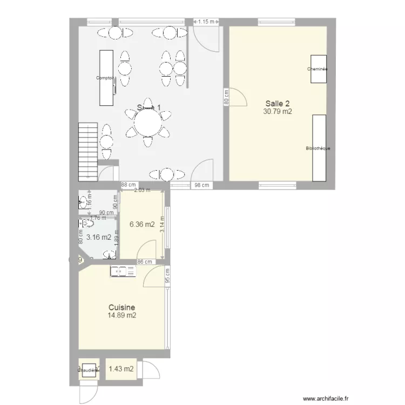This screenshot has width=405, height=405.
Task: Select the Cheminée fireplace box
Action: click(x=318, y=69)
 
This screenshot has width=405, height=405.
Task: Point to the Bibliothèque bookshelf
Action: click(x=319, y=147)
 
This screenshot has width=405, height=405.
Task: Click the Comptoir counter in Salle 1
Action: click(x=105, y=78)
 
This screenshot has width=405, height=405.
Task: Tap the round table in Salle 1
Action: click(x=147, y=125)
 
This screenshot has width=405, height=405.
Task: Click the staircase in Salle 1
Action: click(x=87, y=151)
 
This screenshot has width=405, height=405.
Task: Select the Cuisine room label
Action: click(x=122, y=307)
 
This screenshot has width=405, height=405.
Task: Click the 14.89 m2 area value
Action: click(x=122, y=316)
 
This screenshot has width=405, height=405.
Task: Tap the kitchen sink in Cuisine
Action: click(x=123, y=271)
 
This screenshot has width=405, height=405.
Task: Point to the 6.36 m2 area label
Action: click(x=141, y=225)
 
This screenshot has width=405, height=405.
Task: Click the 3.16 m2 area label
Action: click(x=98, y=237)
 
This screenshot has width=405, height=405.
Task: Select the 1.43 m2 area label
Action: click(x=121, y=369)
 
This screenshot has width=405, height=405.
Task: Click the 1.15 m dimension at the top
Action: click(x=206, y=22)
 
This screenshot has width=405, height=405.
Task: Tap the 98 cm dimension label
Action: click(x=201, y=185)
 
